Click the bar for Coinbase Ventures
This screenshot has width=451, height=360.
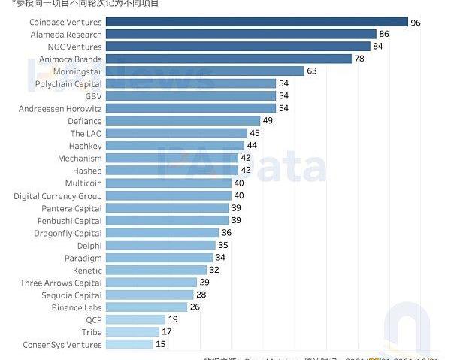coord(256,23)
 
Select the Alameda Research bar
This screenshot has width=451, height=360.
coord(241,35)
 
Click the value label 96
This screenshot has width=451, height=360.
coord(416,23)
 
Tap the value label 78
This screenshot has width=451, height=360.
coord(359,59)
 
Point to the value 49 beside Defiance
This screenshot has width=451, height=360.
coord(267,121)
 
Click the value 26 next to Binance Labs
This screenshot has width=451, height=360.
coord(195,307)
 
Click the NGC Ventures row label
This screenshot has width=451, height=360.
coord(74,47)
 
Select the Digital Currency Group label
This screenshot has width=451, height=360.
coord(58,195)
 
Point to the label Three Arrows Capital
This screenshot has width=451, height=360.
coord(61,283)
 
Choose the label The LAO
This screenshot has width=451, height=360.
coord(86,133)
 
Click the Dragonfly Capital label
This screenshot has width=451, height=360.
coord(68,233)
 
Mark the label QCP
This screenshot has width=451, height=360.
coord(93,319)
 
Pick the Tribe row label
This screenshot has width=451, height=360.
coord(92,332)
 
